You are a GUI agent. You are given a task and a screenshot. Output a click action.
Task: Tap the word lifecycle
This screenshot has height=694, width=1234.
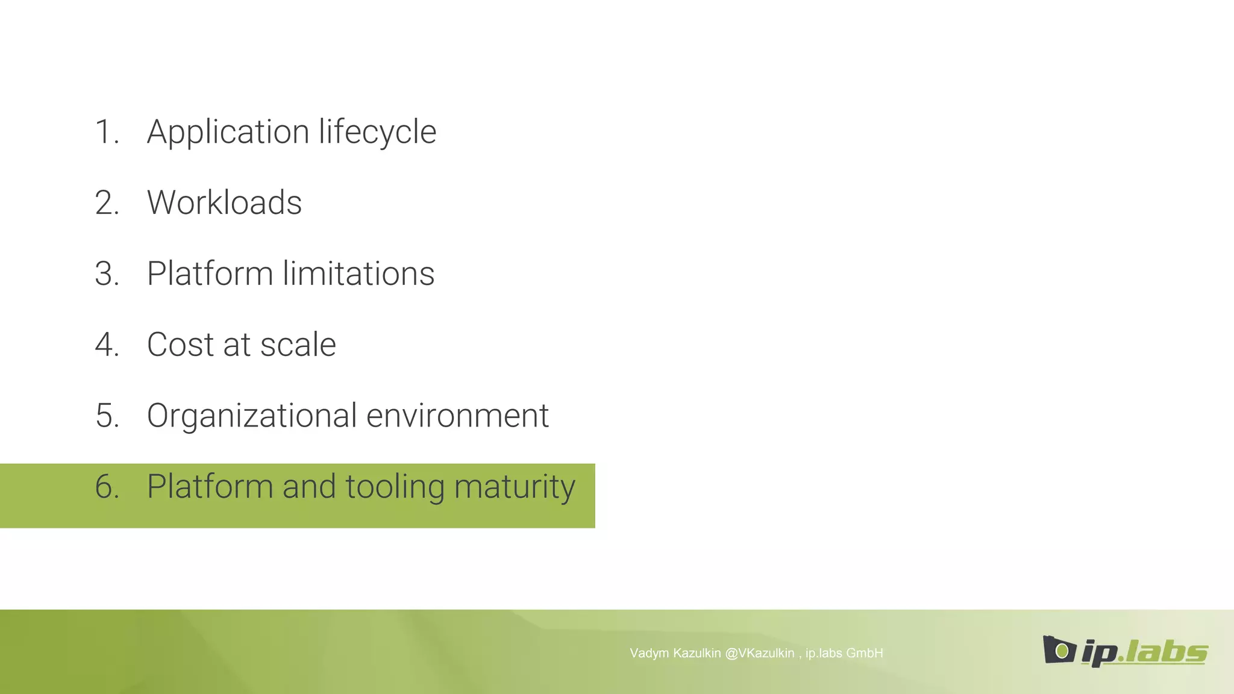pos(377,132)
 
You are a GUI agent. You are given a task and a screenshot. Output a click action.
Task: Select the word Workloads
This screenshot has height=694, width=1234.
pos(224,202)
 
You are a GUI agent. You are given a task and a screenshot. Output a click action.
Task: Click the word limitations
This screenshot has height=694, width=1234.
pos(359,274)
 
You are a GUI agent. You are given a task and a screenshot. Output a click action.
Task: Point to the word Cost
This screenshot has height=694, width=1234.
pos(180,345)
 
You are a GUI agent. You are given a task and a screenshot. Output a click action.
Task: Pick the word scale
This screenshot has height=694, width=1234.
pos(298,345)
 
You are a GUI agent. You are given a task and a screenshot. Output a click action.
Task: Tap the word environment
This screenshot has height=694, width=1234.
pos(457,416)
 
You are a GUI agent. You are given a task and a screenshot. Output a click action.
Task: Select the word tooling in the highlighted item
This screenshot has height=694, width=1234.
pos(395,487)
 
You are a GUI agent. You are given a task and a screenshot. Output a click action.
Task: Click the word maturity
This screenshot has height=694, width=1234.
pos(515,487)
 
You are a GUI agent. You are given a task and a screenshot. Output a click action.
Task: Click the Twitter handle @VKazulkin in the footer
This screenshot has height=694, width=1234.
pos(759,653)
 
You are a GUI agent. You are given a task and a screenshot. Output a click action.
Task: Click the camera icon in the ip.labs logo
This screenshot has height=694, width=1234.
pos(1059,650)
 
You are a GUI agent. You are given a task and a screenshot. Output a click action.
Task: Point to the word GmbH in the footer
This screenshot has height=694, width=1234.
pos(864,653)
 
